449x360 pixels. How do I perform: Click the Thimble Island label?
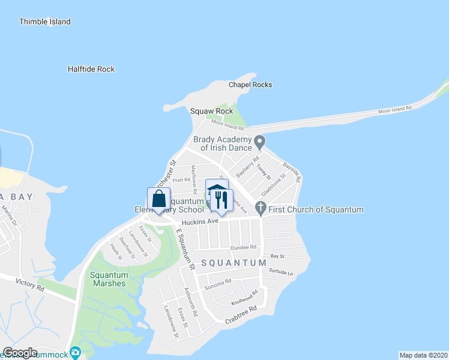[x=44, y=22]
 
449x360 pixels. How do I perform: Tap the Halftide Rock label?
[x=91, y=69]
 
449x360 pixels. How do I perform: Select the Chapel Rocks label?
[x=250, y=85]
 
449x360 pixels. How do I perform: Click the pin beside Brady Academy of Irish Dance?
[x=260, y=143]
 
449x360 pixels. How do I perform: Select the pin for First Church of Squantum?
[x=260, y=209]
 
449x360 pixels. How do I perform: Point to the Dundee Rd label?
[x=244, y=247]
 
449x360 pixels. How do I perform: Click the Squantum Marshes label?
[x=108, y=279]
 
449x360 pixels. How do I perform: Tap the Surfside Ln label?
[x=282, y=273]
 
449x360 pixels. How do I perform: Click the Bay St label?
[x=277, y=256]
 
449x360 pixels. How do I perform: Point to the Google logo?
[x=20, y=353]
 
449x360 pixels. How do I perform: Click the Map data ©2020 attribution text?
[x=423, y=355]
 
